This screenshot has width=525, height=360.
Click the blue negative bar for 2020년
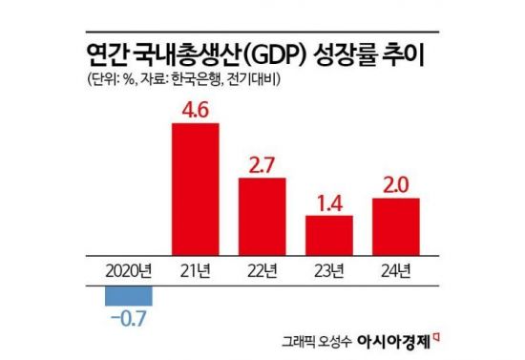click(x=127, y=295)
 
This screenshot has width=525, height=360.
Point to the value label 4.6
click(x=195, y=111)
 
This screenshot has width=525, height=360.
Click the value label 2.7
click(x=262, y=163)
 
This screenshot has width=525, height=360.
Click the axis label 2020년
click(x=128, y=268)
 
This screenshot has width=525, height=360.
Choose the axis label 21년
click(x=195, y=268)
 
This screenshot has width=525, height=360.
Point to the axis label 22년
click(x=262, y=268)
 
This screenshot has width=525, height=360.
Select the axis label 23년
click(x=329, y=268)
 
